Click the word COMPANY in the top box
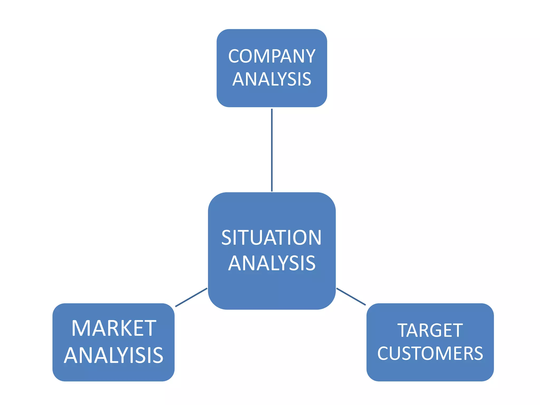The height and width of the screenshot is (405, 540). (272, 56)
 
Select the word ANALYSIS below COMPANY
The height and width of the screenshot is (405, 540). (272, 79)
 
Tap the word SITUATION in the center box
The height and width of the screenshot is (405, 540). (271, 238)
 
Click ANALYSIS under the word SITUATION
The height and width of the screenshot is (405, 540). (272, 263)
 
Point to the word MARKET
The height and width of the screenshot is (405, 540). (114, 328)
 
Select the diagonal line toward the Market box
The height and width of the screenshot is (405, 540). (191, 297)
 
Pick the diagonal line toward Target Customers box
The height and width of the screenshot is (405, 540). (351, 297)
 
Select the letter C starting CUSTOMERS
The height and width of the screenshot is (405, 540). (383, 353)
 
